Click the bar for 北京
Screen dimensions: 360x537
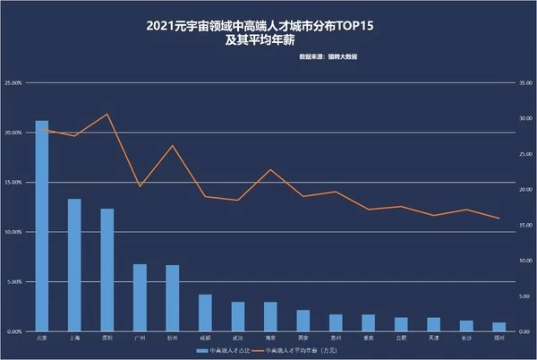click(42, 226)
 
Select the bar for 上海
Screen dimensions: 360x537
click(74, 265)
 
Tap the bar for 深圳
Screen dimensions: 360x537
click(107, 270)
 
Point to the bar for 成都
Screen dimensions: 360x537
click(205, 313)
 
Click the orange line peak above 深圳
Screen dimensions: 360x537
click(107, 114)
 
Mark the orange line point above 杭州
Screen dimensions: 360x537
click(173, 145)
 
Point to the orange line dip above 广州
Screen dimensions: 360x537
click(140, 186)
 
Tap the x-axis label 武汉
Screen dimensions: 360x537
click(238, 339)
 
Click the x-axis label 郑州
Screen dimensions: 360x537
click(499, 339)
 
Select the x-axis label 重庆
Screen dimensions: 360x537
click(368, 339)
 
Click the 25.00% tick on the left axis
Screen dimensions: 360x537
click(13, 83)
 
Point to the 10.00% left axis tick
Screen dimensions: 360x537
click(13, 232)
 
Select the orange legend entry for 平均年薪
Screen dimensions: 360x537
click(308, 351)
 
